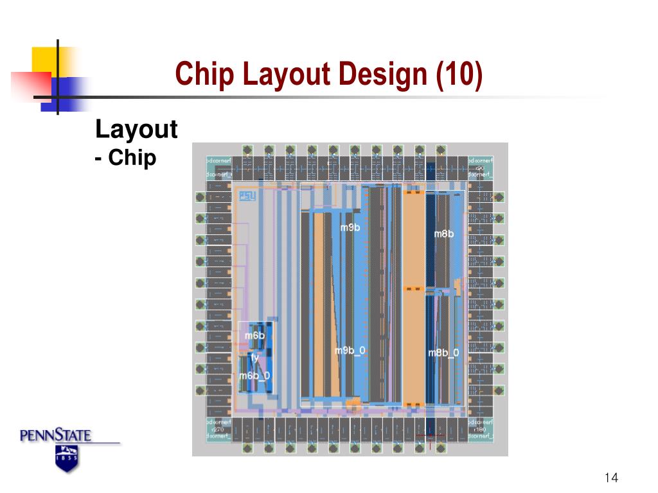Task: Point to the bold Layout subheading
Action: click(136, 130)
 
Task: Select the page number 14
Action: click(611, 478)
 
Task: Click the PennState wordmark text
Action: click(56, 437)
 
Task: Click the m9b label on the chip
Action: click(350, 227)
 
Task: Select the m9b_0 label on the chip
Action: click(350, 350)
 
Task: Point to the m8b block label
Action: click(443, 234)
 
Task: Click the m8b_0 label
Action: click(443, 353)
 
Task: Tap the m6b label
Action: click(254, 336)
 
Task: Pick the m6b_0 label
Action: click(254, 376)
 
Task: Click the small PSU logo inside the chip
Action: click(247, 196)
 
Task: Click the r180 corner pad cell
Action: click(480, 429)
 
